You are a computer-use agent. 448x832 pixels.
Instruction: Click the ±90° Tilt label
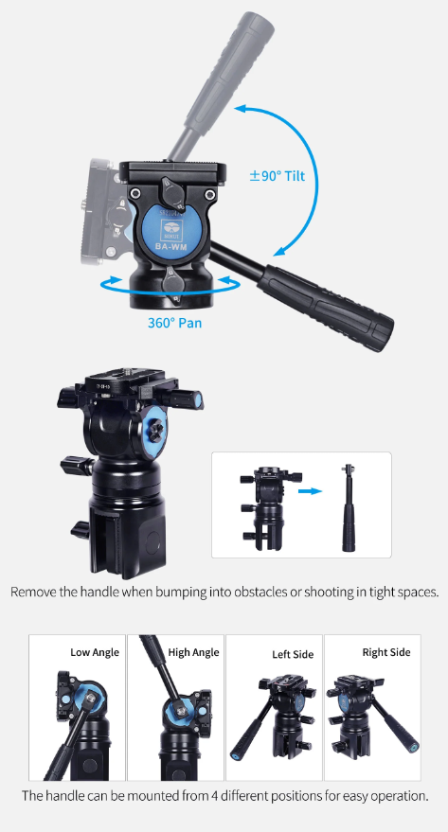click(278, 176)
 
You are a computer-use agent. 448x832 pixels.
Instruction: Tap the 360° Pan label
click(174, 322)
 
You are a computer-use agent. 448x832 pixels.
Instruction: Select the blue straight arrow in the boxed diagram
click(310, 491)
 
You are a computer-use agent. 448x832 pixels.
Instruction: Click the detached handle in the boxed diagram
click(349, 507)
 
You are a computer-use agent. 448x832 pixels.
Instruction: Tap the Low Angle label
click(95, 652)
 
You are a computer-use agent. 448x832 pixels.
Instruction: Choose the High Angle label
click(194, 652)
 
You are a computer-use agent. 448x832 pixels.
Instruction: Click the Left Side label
click(293, 655)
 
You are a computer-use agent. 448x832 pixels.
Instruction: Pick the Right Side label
click(386, 652)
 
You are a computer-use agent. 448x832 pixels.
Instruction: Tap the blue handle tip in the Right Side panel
click(414, 747)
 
